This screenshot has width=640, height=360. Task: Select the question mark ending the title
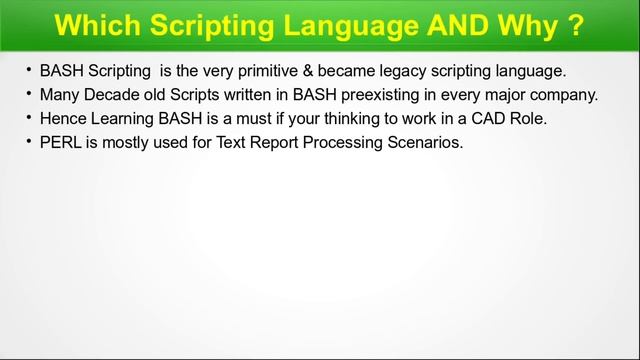pyautogui.click(x=576, y=24)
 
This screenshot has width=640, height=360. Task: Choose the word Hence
pyautogui.click(x=62, y=119)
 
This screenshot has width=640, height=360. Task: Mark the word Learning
pyautogui.click(x=125, y=119)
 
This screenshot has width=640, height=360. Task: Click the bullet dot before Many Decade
pyautogui.click(x=29, y=97)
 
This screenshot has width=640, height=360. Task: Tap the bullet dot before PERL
pyautogui.click(x=29, y=143)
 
